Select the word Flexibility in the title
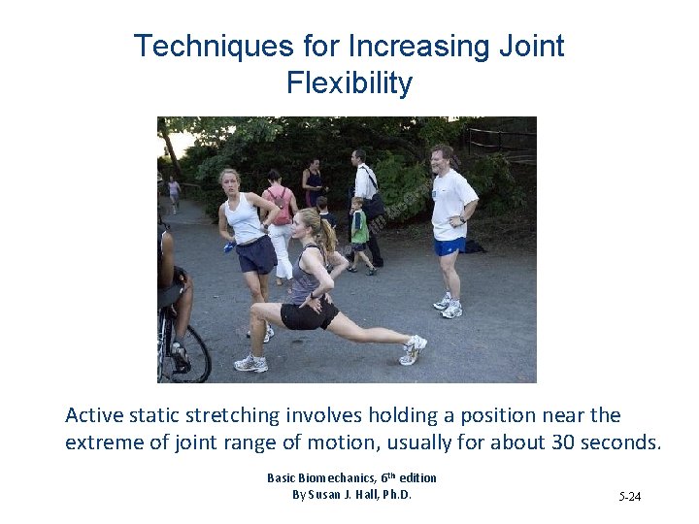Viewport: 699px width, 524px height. (x=349, y=83)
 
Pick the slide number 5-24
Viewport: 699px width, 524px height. (x=629, y=497)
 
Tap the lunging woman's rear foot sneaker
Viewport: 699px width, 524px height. (x=414, y=348)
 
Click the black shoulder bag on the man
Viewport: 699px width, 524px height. (x=373, y=205)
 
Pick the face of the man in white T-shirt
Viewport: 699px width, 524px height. (x=442, y=157)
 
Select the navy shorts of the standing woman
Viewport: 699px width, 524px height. (x=254, y=255)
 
